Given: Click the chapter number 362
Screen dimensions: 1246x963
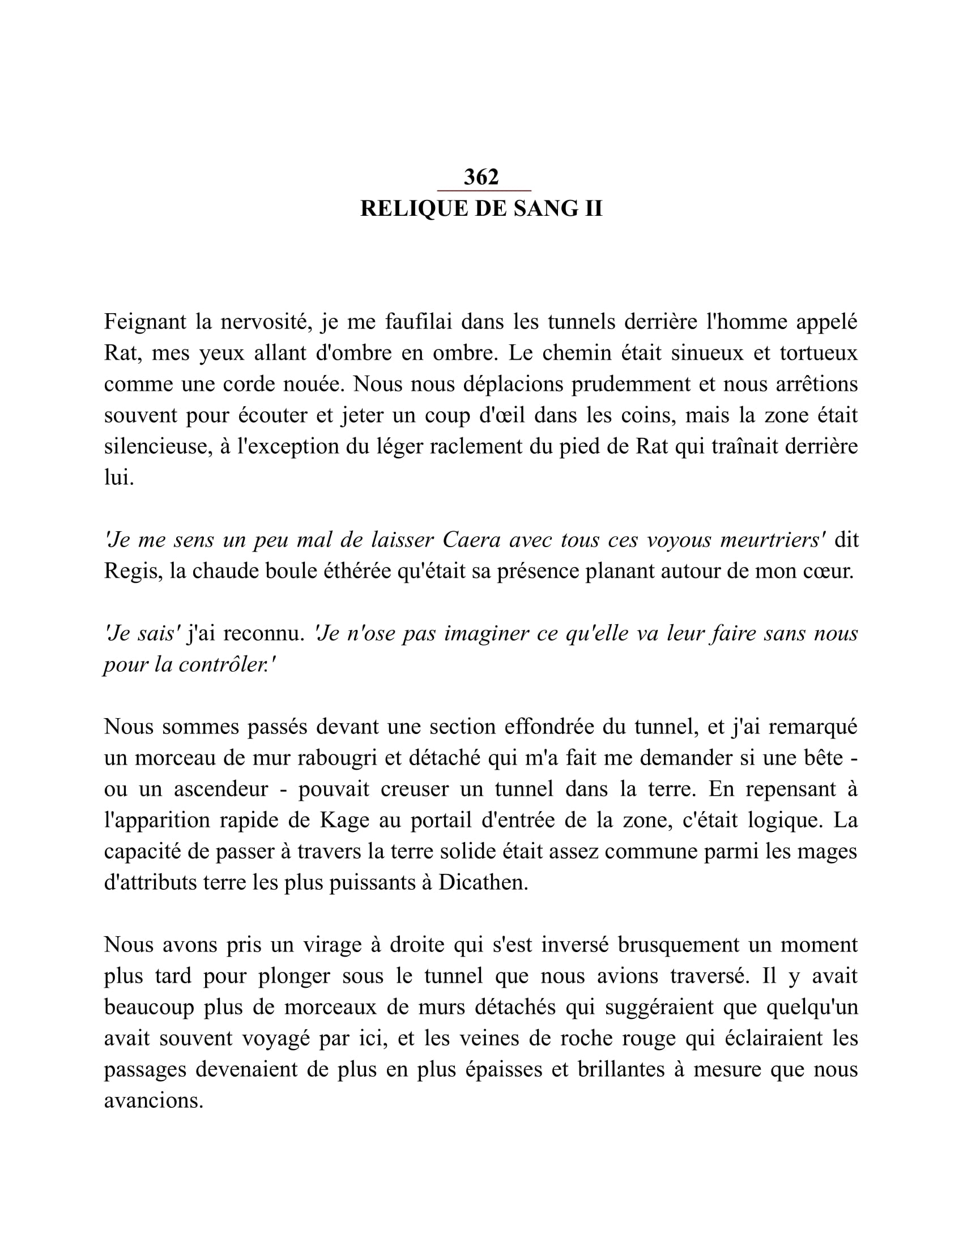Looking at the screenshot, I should pos(481,177).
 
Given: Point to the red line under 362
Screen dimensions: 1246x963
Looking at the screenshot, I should pos(484,190).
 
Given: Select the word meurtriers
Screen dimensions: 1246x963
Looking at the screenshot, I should pos(773,540).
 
